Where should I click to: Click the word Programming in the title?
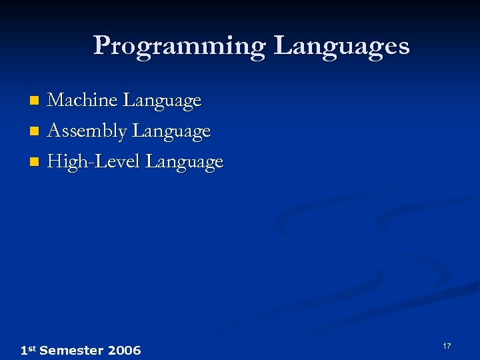[x=179, y=47]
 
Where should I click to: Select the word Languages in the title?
[x=341, y=47]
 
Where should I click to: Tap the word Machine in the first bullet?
[x=83, y=101]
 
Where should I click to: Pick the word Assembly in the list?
[x=87, y=131]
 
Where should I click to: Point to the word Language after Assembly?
[x=171, y=131]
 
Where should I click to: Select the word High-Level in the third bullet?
[x=94, y=162]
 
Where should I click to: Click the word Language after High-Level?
[x=185, y=162]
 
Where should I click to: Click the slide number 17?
[x=446, y=346]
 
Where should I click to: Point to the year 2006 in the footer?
[x=124, y=351]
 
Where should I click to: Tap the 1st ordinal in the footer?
[x=28, y=350]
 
